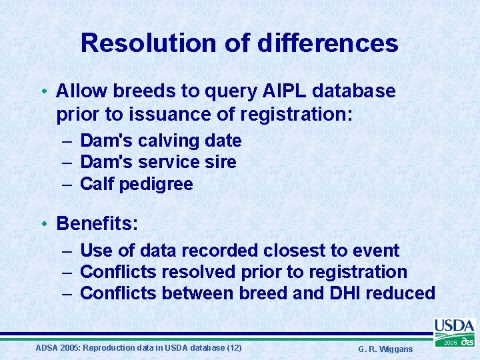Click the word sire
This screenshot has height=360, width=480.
pos(220,162)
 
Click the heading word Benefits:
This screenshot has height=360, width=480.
pos(97,223)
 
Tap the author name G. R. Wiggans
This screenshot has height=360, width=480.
pos(385,349)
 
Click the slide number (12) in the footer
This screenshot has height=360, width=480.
pos(234,348)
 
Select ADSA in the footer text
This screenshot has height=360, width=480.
pos(47,348)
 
